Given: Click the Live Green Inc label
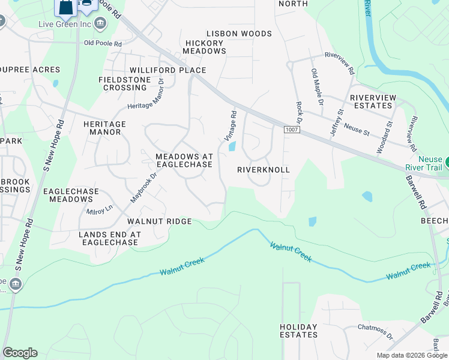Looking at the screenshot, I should (64, 23).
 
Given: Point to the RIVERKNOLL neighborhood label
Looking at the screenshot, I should (264, 170).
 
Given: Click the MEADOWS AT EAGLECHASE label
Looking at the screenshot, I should (184, 160).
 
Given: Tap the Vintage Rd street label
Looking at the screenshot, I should (231, 125).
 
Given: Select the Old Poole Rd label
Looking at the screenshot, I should (103, 43).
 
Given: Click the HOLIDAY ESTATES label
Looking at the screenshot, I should (298, 331).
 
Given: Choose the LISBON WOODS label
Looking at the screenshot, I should (239, 34).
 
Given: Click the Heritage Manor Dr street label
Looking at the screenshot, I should (146, 95).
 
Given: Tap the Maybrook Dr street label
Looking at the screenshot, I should (144, 187).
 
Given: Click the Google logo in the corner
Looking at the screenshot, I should (20, 353).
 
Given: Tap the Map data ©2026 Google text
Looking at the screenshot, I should (411, 355).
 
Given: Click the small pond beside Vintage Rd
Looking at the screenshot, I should (232, 146).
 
